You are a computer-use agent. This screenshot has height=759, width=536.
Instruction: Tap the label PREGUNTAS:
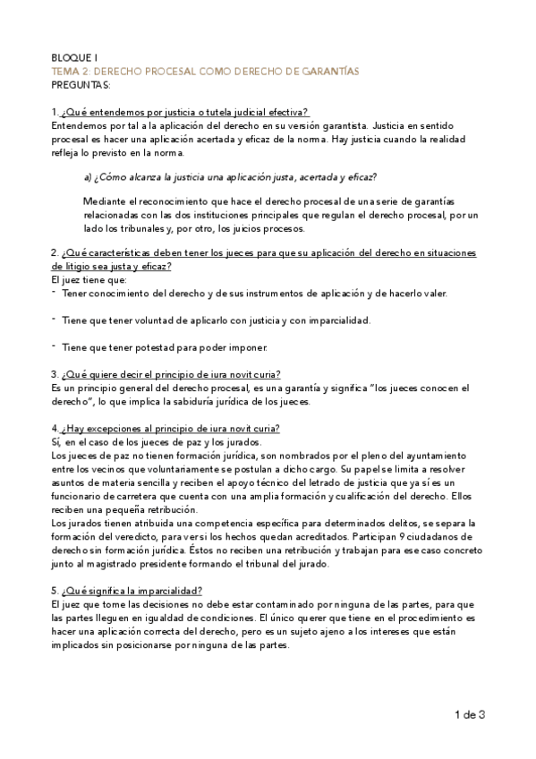[x=81, y=85]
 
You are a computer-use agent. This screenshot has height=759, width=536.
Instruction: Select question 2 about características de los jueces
[x=263, y=254]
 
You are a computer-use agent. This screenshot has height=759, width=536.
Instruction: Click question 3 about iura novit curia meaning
[x=167, y=373]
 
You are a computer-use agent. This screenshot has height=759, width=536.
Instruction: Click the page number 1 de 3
[x=470, y=713]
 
